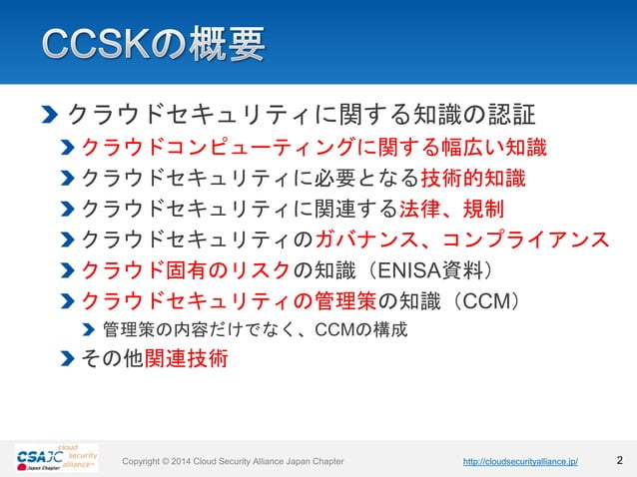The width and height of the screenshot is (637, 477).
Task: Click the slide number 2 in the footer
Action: click(620, 461)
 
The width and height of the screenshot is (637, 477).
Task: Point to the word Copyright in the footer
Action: click(145, 462)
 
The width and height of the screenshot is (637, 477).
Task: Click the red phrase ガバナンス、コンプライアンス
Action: click(461, 239)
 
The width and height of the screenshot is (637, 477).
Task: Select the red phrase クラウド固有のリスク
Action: click(186, 269)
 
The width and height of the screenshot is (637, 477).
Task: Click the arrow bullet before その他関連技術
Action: click(67, 359)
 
